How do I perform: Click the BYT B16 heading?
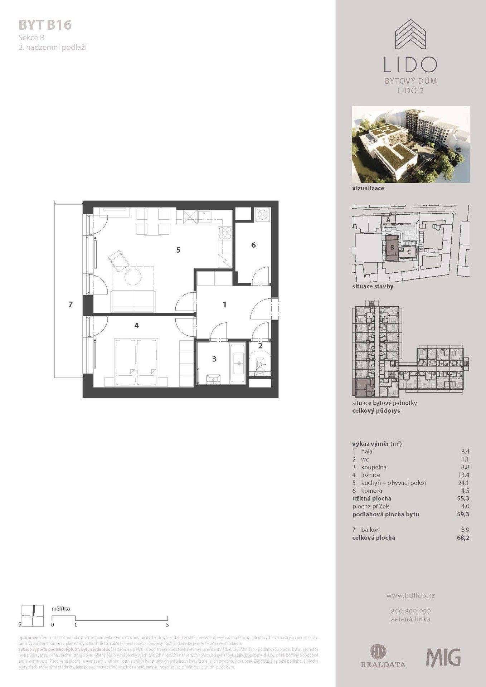coord(45,25)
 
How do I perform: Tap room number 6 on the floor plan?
coord(253,245)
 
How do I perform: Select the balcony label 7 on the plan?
coord(71,304)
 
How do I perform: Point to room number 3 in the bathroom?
coord(214,359)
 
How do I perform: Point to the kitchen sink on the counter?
coord(206,216)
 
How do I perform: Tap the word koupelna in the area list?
coord(374,467)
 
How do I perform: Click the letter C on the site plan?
coord(409,252)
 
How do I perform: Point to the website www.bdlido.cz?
coord(410,596)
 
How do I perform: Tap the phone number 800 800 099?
coord(410,612)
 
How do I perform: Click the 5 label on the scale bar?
coord(167,625)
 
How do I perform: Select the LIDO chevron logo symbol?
coord(410,35)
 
